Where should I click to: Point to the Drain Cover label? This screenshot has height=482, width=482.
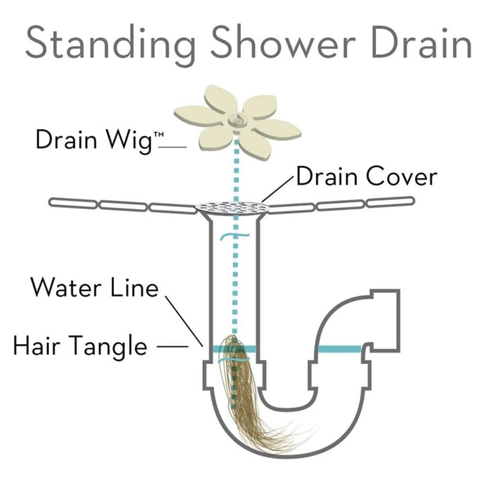click(x=366, y=177)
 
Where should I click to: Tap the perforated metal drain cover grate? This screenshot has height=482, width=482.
click(x=235, y=208)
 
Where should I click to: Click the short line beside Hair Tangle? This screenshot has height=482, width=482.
click(x=175, y=346)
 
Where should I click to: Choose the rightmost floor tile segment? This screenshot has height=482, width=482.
click(x=391, y=202)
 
